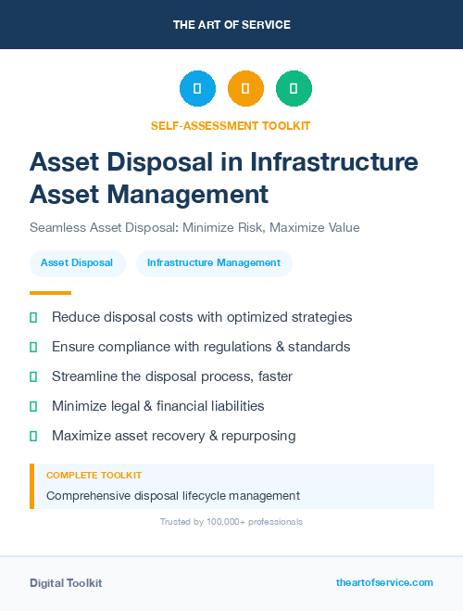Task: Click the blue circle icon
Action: click(197, 89)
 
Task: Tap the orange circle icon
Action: click(245, 89)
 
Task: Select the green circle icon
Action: click(294, 89)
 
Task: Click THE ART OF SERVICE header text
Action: click(231, 24)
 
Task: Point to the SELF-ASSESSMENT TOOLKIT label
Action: click(231, 125)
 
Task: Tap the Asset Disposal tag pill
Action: click(77, 263)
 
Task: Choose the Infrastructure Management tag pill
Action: click(214, 263)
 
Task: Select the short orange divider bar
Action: click(50, 292)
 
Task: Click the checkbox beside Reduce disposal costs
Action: click(33, 317)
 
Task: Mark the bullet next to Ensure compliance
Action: click(33, 347)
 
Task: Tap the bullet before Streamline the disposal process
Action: click(33, 376)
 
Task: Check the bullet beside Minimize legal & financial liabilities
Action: click(33, 406)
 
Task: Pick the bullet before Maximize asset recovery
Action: click(33, 436)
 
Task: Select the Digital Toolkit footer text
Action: click(66, 583)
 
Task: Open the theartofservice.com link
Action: click(384, 582)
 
